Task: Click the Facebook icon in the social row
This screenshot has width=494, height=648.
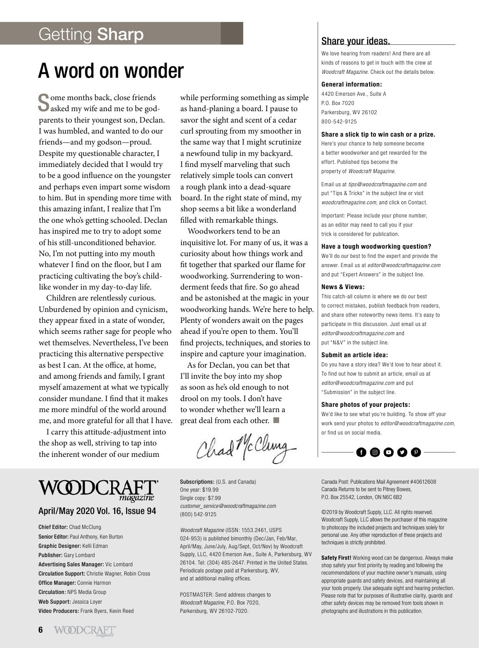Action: [361, 452]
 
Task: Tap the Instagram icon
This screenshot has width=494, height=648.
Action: [375, 452]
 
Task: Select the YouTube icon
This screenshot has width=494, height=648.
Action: [389, 452]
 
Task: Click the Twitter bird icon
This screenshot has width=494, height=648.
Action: [402, 452]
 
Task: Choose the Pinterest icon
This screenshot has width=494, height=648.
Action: [416, 452]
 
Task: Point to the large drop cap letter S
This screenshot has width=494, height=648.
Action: [44, 102]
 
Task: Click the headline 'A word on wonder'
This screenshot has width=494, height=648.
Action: [110, 71]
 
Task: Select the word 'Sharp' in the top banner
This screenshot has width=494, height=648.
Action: [120, 34]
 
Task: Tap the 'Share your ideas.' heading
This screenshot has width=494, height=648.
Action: [356, 41]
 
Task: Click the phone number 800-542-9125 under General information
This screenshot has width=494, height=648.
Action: [339, 122]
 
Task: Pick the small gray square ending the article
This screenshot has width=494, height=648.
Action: [276, 420]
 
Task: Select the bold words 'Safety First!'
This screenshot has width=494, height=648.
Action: [336, 557]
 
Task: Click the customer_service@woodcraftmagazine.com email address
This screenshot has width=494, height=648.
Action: [228, 506]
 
